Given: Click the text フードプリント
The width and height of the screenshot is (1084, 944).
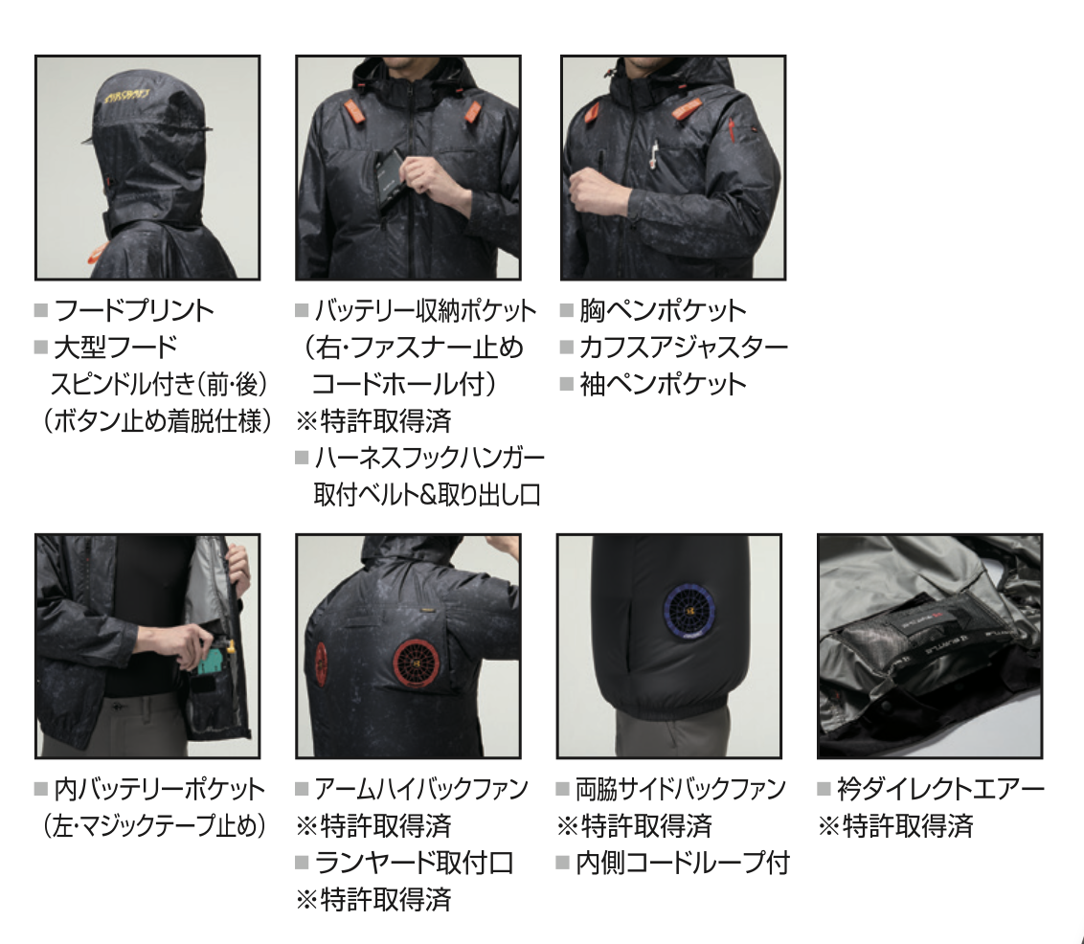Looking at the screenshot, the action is (x=134, y=310).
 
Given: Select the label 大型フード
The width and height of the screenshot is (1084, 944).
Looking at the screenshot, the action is (x=116, y=347).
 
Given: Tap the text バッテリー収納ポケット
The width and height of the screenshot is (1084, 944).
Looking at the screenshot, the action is (x=425, y=310).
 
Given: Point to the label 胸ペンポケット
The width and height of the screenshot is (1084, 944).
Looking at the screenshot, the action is (x=663, y=310).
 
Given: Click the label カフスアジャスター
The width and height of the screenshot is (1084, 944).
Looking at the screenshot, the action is (x=684, y=347).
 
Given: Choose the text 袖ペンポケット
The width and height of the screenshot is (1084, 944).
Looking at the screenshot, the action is (x=663, y=384).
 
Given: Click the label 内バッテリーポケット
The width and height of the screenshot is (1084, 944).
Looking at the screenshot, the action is (x=160, y=789).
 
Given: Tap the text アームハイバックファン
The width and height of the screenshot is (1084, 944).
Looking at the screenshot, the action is (x=421, y=789).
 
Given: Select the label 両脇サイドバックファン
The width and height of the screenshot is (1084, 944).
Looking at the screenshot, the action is (x=681, y=789).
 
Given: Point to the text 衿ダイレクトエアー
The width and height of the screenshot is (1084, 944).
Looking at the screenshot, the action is (x=941, y=789).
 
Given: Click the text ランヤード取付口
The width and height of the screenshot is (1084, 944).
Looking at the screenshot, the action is (x=414, y=863).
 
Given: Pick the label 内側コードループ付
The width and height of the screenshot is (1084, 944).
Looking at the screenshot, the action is (x=683, y=863).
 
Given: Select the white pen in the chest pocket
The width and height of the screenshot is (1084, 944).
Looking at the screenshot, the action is (x=654, y=155).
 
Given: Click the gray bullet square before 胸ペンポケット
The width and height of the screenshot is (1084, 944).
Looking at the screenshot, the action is (x=567, y=310).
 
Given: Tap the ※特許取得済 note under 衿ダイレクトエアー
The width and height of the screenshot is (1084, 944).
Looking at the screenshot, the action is (x=896, y=826).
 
